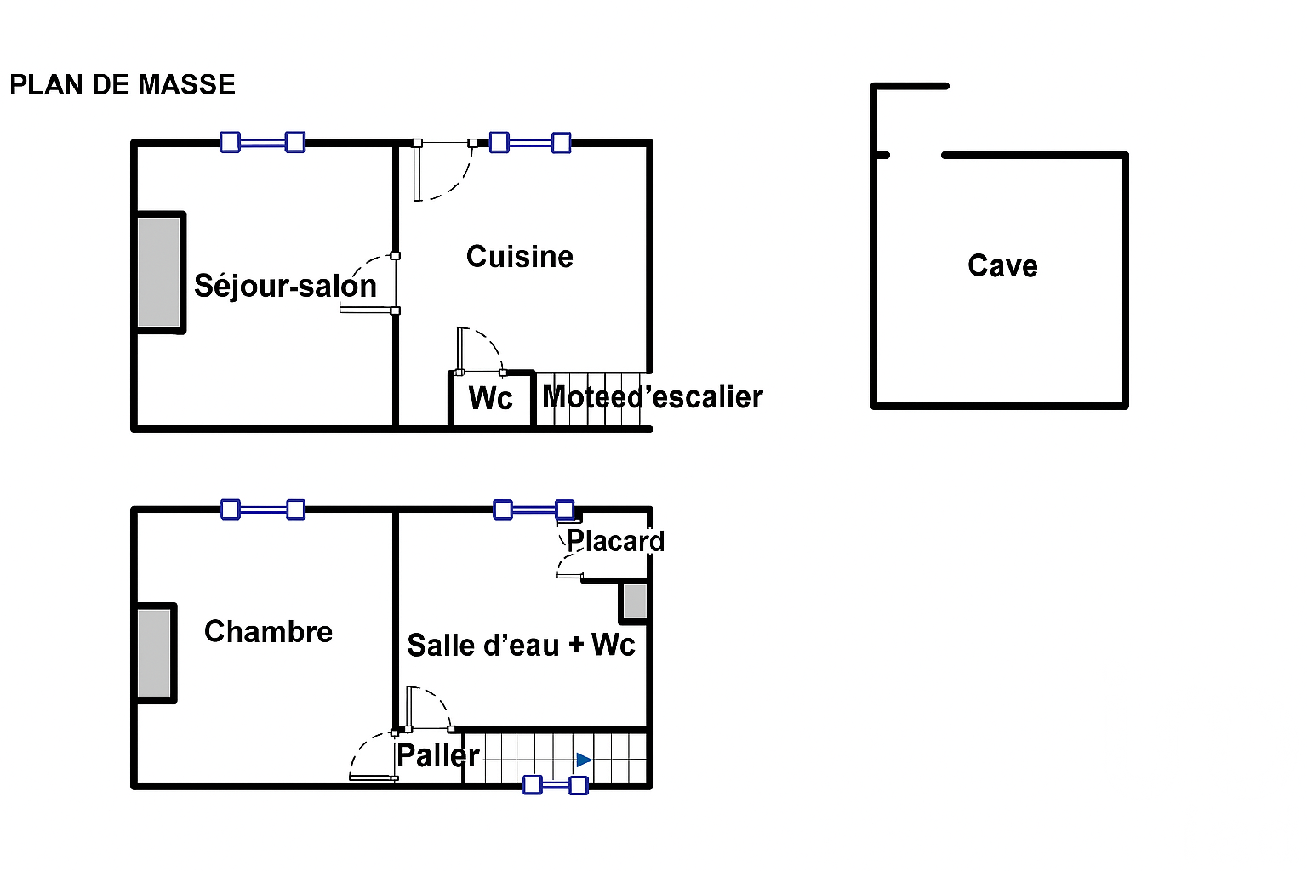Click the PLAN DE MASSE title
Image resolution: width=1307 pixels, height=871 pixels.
pyautogui.click(x=123, y=85)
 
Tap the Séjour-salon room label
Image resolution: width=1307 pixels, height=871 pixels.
pyautogui.click(x=285, y=286)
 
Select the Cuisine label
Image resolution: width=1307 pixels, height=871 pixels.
pyautogui.click(x=519, y=257)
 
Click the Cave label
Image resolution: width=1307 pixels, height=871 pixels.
pyautogui.click(x=1002, y=266)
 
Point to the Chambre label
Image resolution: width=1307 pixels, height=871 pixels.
pyautogui.click(x=268, y=632)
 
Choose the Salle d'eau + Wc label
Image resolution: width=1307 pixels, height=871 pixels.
pyautogui.click(x=521, y=645)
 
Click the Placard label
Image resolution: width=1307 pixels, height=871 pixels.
pyautogui.click(x=615, y=541)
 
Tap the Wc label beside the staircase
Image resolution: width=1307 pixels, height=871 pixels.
pyautogui.click(x=491, y=398)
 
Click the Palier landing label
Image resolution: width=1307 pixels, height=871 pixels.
pyautogui.click(x=437, y=755)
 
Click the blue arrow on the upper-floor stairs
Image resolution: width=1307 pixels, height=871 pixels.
pyautogui.click(x=584, y=760)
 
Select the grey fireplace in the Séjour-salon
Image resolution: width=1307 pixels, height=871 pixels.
pyautogui.click(x=159, y=272)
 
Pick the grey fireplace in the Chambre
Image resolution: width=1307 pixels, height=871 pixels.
pyautogui.click(x=155, y=653)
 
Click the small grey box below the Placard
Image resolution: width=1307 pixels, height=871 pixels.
pyautogui.click(x=635, y=601)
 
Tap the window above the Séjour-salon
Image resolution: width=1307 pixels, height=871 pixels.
pyautogui.click(x=262, y=142)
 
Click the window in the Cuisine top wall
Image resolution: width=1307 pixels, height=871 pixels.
pyautogui.click(x=530, y=142)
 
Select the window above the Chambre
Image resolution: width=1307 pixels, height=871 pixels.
pyautogui.click(x=263, y=510)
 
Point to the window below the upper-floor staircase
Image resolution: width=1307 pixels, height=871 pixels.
pyautogui.click(x=555, y=784)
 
